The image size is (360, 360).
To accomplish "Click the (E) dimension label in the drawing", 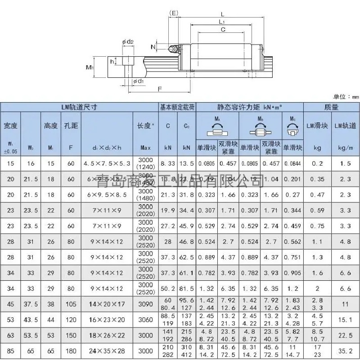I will click(x=174, y=13).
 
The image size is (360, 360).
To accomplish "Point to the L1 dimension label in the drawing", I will click(x=222, y=22).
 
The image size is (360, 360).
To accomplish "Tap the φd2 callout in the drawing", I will click(x=127, y=42).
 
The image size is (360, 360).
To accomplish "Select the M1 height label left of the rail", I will click(x=89, y=68).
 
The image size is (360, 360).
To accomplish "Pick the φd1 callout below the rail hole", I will click(x=138, y=81).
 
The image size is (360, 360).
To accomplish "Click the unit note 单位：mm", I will click(x=346, y=96).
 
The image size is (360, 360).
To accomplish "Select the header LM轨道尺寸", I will click(x=79, y=107).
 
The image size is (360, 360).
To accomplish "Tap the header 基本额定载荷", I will click(x=177, y=107).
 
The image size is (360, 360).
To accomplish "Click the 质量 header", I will click(x=331, y=107).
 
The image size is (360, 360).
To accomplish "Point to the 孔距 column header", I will click(x=71, y=126).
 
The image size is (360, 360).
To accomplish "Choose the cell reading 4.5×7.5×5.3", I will click(x=107, y=163).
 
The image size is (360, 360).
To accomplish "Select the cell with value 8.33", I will click(x=168, y=163).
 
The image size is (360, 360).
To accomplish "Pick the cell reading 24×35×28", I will click(x=107, y=351).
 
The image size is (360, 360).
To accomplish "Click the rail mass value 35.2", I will click(x=345, y=351).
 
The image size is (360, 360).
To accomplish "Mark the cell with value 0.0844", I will click(x=292, y=163).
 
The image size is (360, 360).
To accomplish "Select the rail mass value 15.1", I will click(x=345, y=319).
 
